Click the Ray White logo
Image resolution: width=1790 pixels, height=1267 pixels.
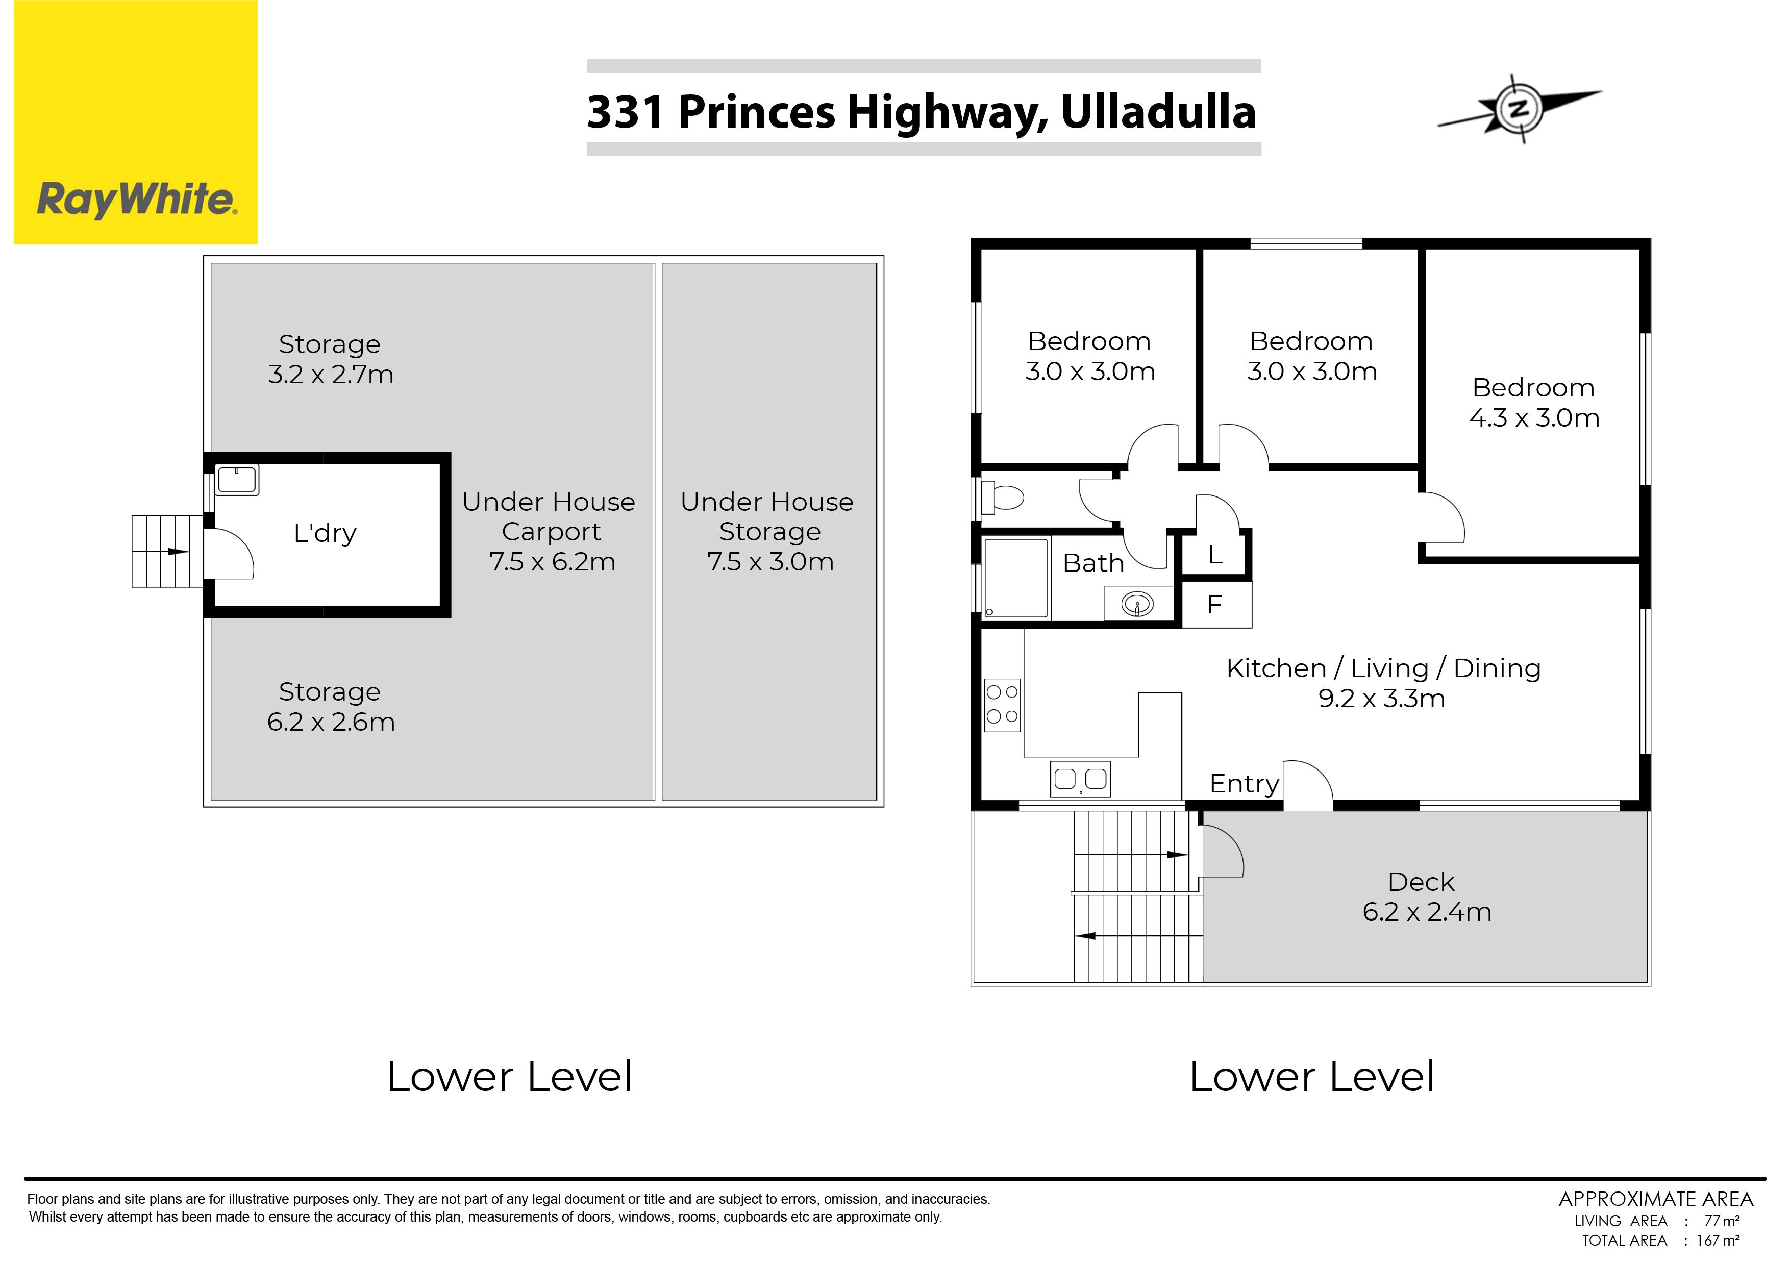pyautogui.click(x=136, y=122)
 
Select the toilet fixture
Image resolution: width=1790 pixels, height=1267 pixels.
pyautogui.click(x=1002, y=497)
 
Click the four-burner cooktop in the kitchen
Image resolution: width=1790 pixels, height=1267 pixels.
pyautogui.click(x=1002, y=705)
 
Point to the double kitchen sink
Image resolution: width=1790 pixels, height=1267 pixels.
pyautogui.click(x=1080, y=779)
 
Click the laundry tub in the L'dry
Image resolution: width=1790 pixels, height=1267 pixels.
pyautogui.click(x=237, y=480)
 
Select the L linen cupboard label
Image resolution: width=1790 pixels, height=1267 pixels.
pyautogui.click(x=1215, y=555)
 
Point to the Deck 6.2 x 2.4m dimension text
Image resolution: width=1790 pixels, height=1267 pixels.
pyautogui.click(x=1427, y=912)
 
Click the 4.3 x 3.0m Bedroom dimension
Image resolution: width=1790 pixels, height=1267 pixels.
pyautogui.click(x=1534, y=418)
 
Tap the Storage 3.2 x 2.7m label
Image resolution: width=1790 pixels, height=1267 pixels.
pyautogui.click(x=331, y=359)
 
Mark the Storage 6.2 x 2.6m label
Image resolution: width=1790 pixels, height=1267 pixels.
pyautogui.click(x=331, y=706)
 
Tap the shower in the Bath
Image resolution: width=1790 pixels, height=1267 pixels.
pyautogui.click(x=1015, y=578)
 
